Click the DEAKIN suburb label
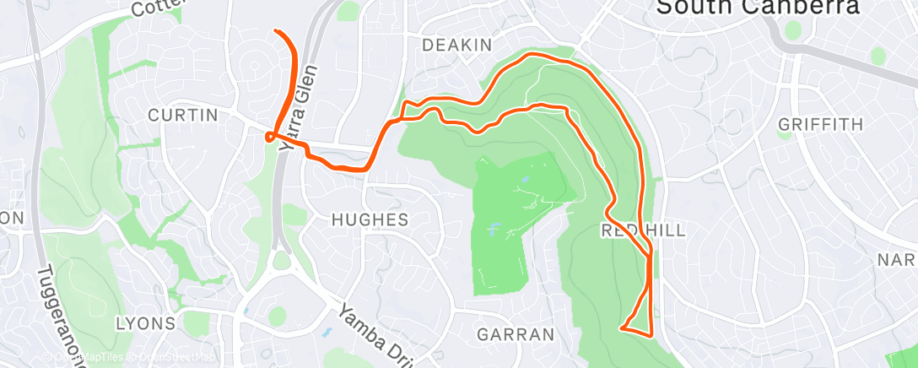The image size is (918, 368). (451, 44)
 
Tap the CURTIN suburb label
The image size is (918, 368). (183, 114)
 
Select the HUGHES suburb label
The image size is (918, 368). (370, 219)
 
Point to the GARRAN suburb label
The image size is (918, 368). (516, 333)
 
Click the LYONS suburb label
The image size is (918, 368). (146, 322)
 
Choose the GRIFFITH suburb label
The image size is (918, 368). (821, 124)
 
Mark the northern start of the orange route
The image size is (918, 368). (277, 32)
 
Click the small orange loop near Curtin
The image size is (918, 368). (270, 137)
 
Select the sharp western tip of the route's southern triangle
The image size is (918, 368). (621, 327)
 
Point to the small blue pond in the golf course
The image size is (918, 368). (492, 228)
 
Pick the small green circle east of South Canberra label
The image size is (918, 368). (792, 30)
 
